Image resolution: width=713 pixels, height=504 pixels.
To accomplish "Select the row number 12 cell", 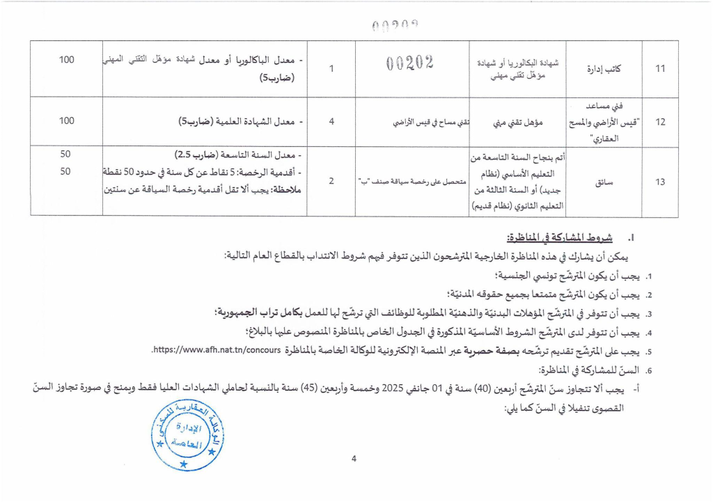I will [661, 122].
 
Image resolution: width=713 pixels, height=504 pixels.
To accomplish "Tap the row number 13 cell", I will [661, 182].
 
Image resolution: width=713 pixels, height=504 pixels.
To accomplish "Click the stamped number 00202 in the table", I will [409, 63].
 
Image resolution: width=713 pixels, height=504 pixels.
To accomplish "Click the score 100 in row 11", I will [67, 60].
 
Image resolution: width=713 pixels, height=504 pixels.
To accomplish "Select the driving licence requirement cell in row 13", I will [412, 182].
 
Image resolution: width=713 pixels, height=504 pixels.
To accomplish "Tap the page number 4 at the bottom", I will [354, 459].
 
